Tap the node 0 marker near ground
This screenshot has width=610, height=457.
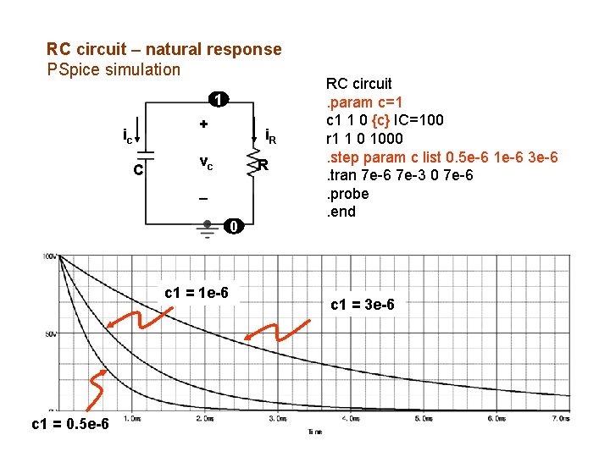[235, 225]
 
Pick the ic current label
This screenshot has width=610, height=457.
[127, 135]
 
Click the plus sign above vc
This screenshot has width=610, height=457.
[203, 124]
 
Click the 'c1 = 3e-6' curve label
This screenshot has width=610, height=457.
[363, 304]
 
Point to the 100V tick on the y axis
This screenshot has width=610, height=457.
[51, 256]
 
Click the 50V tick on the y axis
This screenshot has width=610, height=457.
[51, 334]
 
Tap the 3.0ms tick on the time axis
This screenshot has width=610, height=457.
[276, 418]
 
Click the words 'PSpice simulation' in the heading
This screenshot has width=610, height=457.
[114, 69]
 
